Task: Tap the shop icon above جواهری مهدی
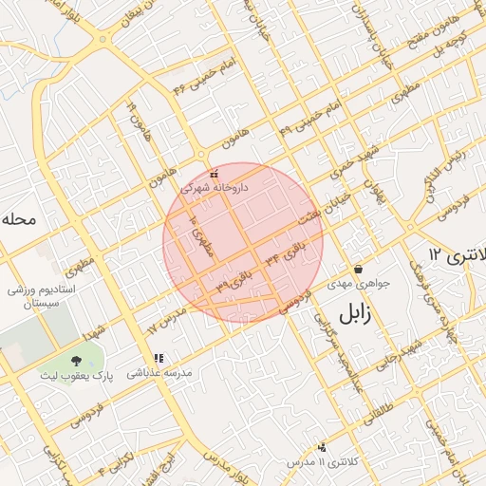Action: click(358, 270)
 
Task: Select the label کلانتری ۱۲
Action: click(457, 254)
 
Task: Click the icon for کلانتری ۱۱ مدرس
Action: click(323, 447)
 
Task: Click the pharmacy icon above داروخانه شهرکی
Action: click(215, 174)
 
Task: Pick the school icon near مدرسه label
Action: click(159, 359)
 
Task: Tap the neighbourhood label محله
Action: click(19, 219)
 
